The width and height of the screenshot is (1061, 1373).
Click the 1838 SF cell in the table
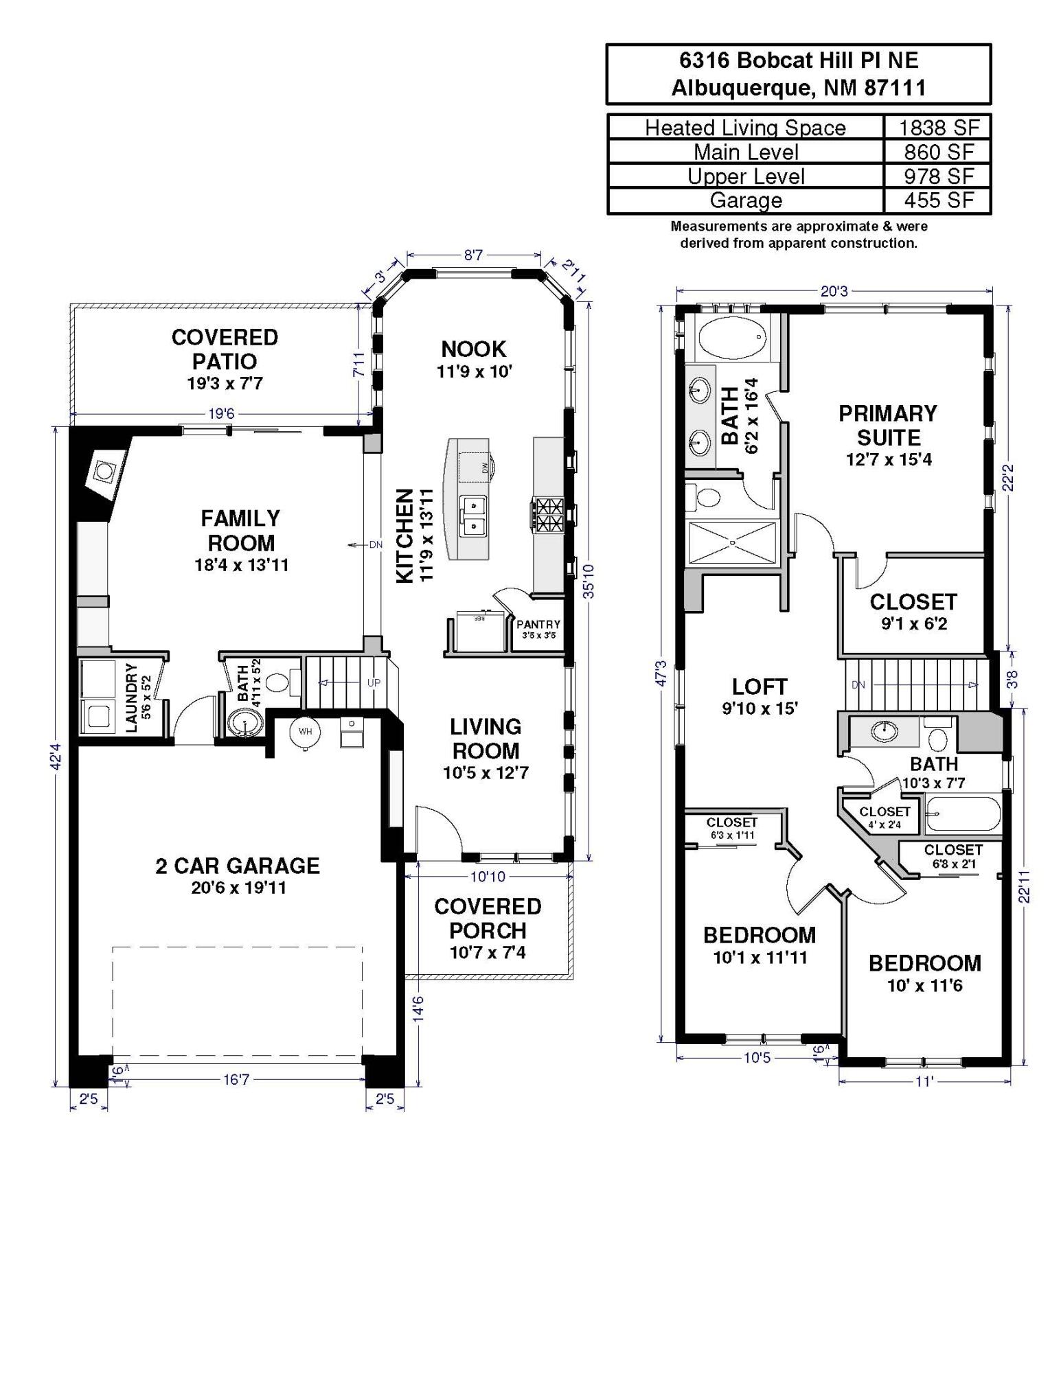pos(938,128)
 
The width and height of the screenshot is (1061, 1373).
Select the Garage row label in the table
pos(746,200)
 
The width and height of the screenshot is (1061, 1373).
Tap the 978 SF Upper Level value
pos(939,176)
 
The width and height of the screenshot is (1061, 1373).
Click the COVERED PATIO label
pos(225,349)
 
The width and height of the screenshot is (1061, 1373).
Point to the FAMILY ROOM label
pos(240,530)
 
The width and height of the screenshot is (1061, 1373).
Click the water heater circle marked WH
pos(305,732)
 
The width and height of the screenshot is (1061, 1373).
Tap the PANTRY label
pos(538,624)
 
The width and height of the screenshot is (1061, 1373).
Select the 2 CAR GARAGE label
pos(238,866)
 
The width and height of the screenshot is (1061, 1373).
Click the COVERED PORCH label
pos(488,919)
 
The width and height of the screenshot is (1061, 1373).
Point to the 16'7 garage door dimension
pos(236,1080)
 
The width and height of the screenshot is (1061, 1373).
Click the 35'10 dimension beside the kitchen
pos(589,581)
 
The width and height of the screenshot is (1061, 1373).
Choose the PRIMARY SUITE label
pos(888,426)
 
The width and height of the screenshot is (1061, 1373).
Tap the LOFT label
pos(759,686)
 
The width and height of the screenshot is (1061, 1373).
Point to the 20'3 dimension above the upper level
pos(834,291)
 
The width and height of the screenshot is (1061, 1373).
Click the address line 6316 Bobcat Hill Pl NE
pos(798,60)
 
